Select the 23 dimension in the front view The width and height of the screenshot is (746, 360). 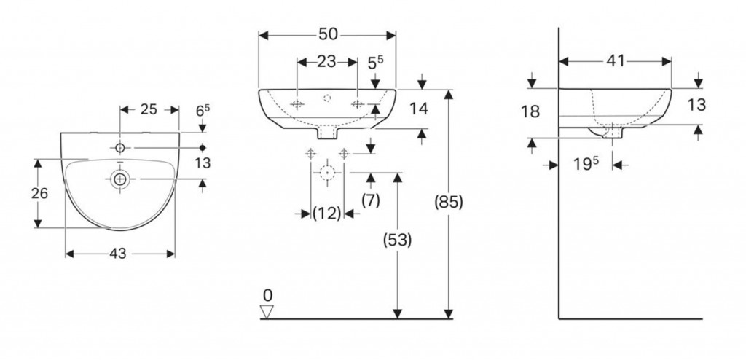[326, 63]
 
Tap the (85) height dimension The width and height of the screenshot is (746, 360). [447, 201]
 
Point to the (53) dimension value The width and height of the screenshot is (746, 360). [396, 240]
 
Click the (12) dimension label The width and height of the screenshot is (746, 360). [327, 214]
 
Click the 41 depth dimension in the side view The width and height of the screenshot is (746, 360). [616, 62]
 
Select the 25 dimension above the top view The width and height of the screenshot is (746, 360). [149, 109]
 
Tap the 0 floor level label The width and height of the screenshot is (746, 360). [267, 295]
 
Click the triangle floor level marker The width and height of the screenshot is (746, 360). [267, 311]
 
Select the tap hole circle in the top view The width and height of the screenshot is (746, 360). [120, 148]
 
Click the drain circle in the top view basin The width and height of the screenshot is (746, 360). [119, 178]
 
